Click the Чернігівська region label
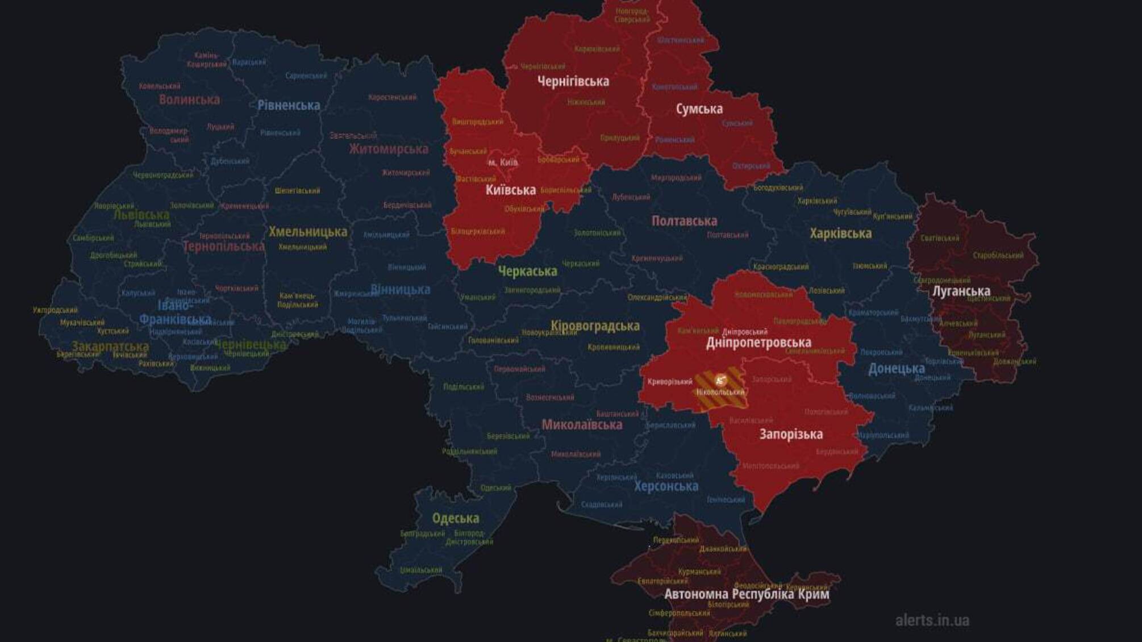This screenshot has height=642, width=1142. tap(573, 81)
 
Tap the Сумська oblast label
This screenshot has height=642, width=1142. tap(699, 109)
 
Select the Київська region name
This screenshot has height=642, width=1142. tap(510, 190)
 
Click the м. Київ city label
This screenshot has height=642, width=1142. tap(503, 162)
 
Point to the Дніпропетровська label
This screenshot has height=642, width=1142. tap(758, 343)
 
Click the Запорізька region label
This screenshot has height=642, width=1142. tap(791, 435)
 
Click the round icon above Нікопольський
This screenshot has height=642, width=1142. tap(720, 380)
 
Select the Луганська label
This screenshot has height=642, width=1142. tap(961, 291)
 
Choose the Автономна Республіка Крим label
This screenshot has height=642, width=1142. tap(747, 594)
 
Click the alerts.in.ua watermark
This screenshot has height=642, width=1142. tap(932, 620)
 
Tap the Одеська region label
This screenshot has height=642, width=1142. tap(455, 518)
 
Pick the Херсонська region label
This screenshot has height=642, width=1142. tap(666, 486)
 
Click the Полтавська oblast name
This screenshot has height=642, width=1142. tap(684, 221)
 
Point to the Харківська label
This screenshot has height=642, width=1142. tap(840, 234)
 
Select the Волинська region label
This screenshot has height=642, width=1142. tap(189, 99)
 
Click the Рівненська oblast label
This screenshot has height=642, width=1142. tap(289, 105)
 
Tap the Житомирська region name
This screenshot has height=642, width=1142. tap(389, 149)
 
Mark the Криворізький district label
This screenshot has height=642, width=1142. tap(669, 382)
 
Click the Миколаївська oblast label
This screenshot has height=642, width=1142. tap(581, 424)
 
